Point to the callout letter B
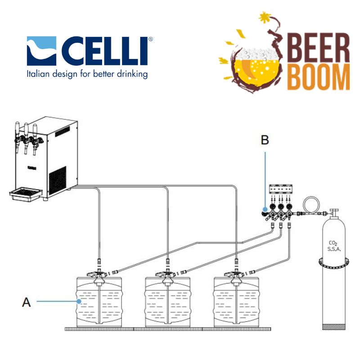[265, 140]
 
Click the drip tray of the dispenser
[27, 194]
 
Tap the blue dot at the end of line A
[80, 302]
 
